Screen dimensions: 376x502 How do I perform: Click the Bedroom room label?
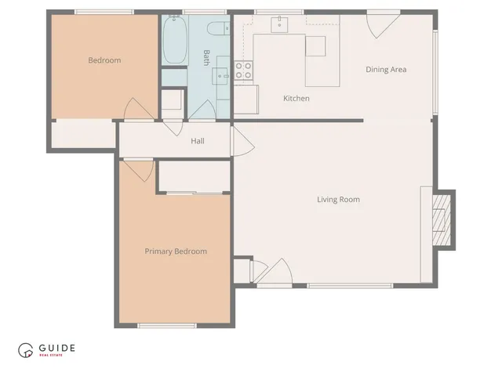click(104, 60)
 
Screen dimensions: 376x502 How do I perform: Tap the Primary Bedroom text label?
click(176, 251)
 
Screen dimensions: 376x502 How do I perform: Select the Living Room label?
click(338, 200)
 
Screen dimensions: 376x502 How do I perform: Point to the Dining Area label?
click(386, 70)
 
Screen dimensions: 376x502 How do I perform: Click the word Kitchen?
click(296, 99)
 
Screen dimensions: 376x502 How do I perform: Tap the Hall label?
click(198, 141)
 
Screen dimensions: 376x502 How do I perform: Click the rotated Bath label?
click(206, 57)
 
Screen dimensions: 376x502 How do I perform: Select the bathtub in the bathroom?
click(174, 41)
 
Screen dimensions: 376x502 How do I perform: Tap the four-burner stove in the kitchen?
click(244, 71)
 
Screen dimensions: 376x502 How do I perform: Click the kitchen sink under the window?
click(279, 25)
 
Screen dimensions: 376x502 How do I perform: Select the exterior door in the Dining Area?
click(382, 23)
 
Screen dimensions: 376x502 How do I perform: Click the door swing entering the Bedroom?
click(134, 110)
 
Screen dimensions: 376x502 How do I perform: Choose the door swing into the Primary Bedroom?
click(138, 169)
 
